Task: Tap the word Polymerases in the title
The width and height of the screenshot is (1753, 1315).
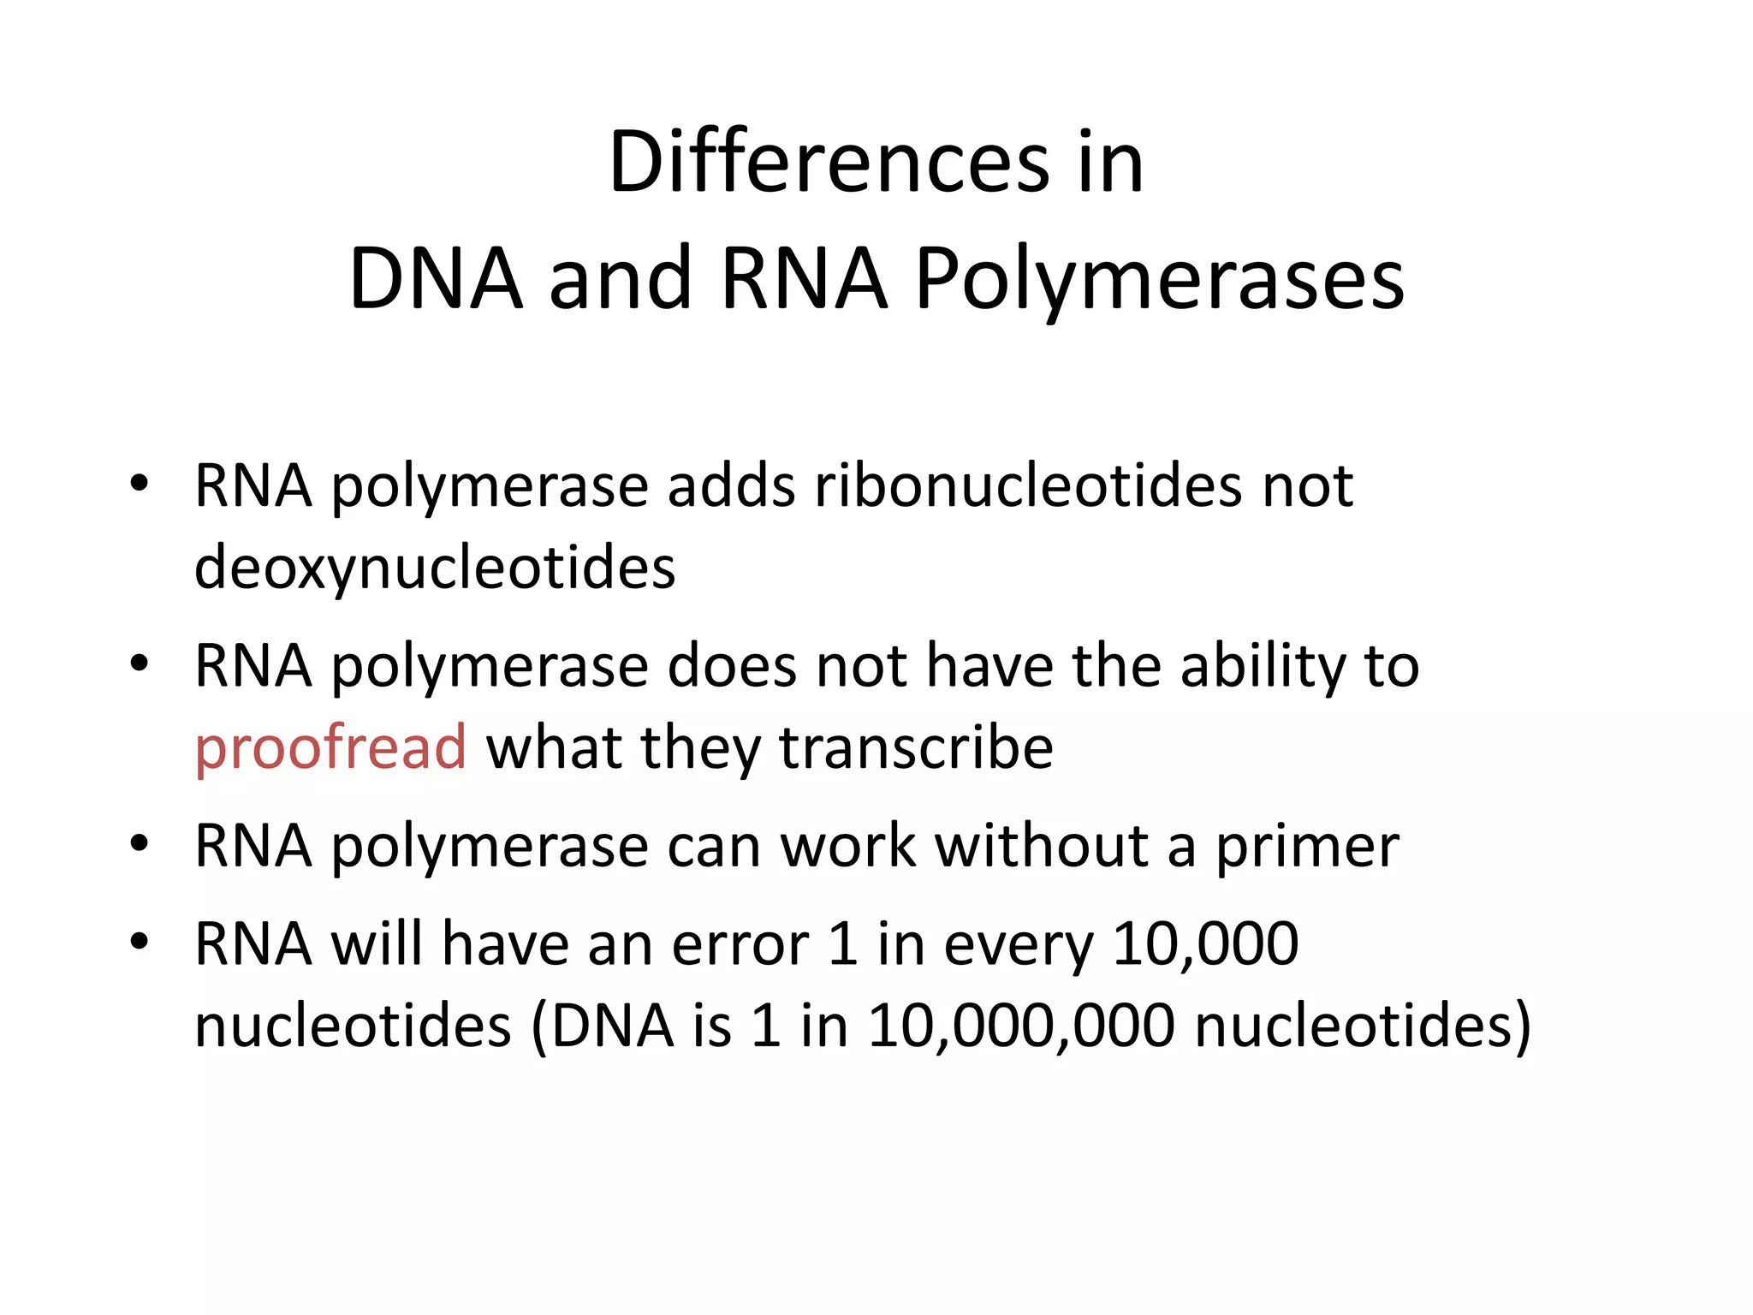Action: pos(1159,279)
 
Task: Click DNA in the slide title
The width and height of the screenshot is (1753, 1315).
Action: pos(436,279)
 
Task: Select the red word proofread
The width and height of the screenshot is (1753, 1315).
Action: pos(330,748)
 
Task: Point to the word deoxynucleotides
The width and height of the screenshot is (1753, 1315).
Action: pos(435,568)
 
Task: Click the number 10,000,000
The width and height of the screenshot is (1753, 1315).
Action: pos(1021,1026)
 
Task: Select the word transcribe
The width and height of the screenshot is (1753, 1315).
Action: pos(916,748)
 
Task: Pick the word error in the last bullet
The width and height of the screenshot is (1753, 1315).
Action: pos(740,944)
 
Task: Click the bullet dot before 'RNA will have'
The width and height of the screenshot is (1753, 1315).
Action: pos(140,942)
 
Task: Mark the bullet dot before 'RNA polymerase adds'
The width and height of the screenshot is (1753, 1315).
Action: pos(140,484)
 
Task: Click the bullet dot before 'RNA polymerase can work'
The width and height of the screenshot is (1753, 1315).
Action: pos(140,844)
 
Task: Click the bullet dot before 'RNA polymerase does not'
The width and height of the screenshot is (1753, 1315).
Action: pos(140,663)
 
